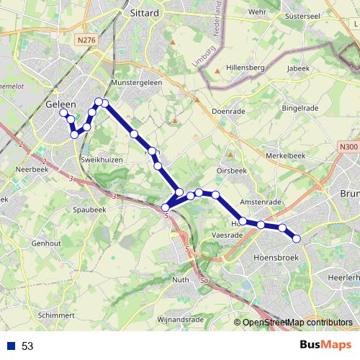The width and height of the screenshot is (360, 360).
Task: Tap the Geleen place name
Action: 60,104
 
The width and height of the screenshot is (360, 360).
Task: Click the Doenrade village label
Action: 230,112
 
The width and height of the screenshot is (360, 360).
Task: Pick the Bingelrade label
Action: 300,108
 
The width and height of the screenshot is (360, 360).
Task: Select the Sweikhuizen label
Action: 102,158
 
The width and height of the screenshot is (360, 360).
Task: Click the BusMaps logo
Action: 326,345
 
